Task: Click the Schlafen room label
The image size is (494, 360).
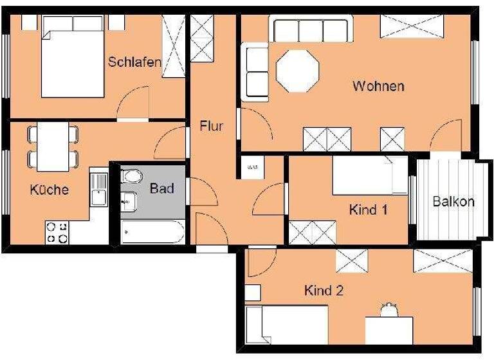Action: (x=134, y=62)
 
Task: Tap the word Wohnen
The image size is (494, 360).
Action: (x=378, y=86)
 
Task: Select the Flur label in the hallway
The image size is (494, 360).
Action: (x=211, y=126)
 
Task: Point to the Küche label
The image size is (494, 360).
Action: (x=49, y=190)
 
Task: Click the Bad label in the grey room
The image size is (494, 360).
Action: (x=161, y=189)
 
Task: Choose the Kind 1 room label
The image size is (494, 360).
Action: (x=369, y=210)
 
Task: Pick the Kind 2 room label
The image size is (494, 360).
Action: (x=324, y=291)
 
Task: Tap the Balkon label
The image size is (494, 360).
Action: (x=453, y=201)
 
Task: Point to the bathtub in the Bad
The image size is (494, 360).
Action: (x=153, y=231)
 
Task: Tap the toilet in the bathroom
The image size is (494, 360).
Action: (x=131, y=176)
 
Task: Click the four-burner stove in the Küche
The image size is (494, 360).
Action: (x=56, y=232)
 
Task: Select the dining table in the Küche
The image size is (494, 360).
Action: (x=53, y=147)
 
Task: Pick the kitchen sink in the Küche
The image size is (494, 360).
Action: (x=98, y=189)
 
